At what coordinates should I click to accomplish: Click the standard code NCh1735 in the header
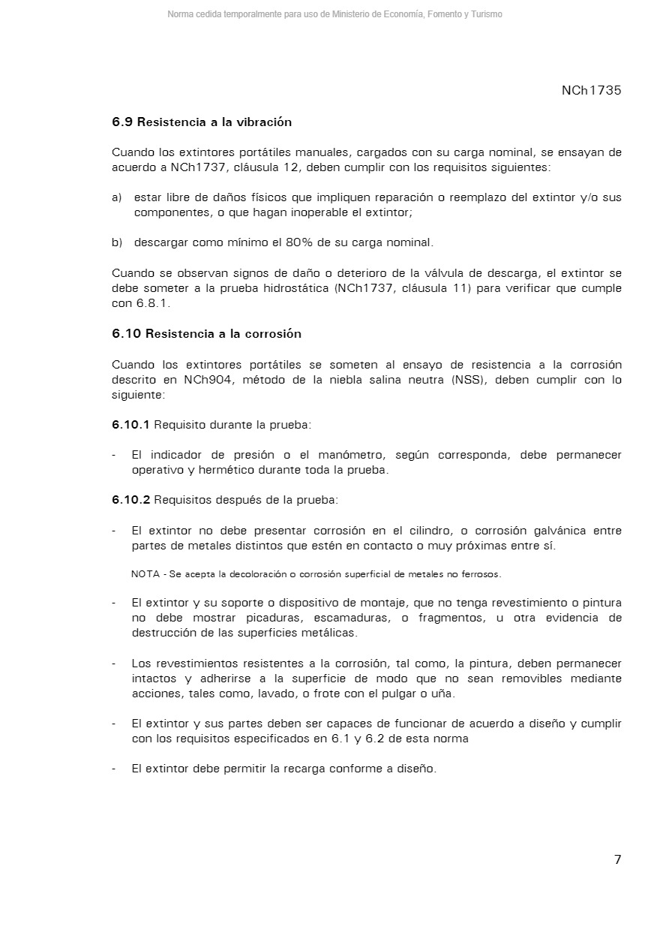point(591,91)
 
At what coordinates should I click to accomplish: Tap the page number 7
point(617,860)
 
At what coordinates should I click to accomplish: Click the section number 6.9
point(122,122)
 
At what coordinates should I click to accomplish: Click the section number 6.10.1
point(130,425)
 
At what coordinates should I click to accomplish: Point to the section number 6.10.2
point(130,500)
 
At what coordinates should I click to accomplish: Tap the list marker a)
point(116,197)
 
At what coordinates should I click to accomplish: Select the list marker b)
point(116,242)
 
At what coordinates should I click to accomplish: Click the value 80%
point(301,242)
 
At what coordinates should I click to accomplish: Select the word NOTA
point(145,574)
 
